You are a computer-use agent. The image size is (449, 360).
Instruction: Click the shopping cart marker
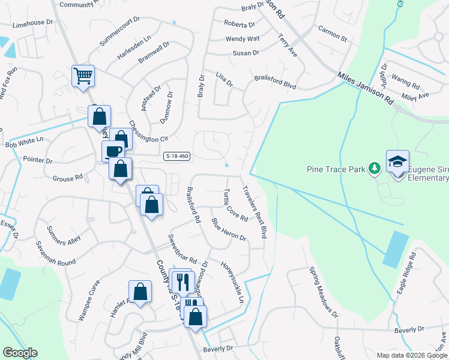pos(83,76)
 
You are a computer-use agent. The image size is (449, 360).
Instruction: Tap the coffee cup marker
pos(113,150)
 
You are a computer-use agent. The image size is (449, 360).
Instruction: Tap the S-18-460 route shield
pos(176,157)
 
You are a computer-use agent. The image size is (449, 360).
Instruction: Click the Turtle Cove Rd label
pos(235,205)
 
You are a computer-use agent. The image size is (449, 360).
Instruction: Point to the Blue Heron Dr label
pos(229,229)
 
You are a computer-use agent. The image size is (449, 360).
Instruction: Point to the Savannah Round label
pos(55,254)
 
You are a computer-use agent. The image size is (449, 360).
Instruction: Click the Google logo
pos(20,353)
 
